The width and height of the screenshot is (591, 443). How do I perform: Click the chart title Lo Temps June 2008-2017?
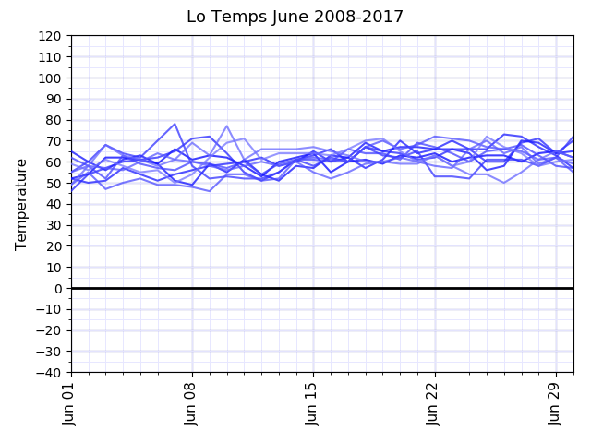point(295,17)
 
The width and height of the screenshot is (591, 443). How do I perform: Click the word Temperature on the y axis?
point(21,204)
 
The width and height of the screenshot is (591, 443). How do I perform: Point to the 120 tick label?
point(50,36)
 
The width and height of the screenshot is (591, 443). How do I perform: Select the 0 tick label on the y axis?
point(57,289)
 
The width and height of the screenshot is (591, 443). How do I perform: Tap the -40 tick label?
point(46,373)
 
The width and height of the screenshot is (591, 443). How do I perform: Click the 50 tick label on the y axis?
point(54,184)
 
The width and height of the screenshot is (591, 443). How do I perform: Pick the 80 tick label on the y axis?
point(54,120)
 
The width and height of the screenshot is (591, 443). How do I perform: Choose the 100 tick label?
point(50,78)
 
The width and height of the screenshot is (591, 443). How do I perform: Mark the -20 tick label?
point(46,330)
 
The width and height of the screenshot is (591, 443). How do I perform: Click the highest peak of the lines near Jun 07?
point(175,124)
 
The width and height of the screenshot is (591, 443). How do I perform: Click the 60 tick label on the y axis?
point(54,162)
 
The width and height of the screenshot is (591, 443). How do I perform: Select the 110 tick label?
point(50,57)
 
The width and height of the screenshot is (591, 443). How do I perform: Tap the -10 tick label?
point(46,310)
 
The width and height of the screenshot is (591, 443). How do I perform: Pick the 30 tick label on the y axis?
point(54,225)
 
